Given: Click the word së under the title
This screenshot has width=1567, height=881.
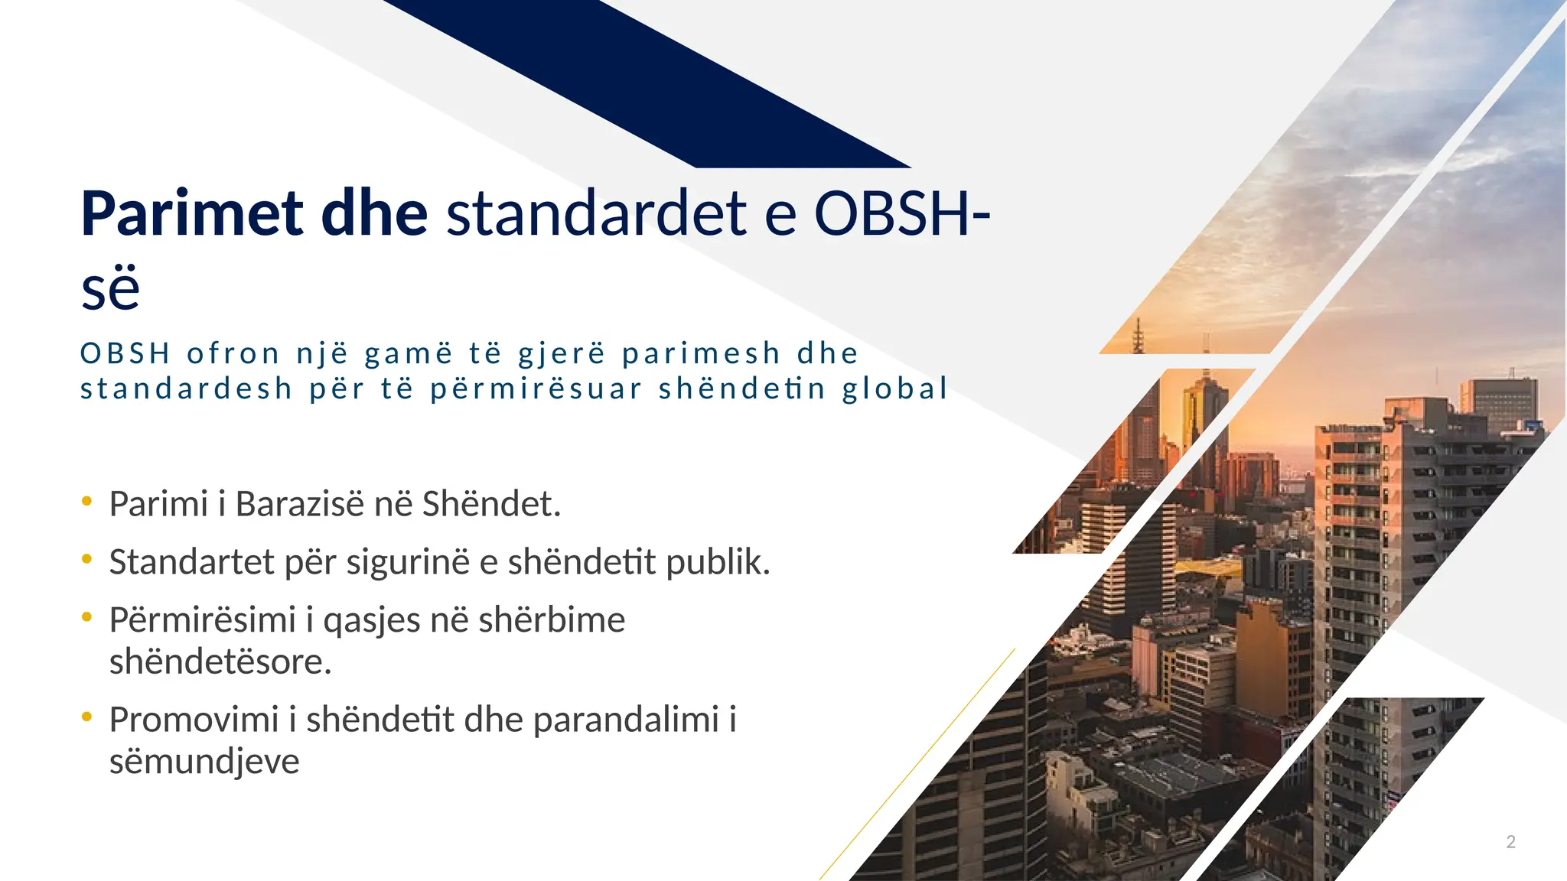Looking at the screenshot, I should [x=110, y=289].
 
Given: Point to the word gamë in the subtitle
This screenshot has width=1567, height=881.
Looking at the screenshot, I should [x=409, y=353].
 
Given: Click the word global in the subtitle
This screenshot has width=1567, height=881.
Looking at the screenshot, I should [x=895, y=388].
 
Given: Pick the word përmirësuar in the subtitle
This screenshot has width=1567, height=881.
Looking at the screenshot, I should [x=536, y=388].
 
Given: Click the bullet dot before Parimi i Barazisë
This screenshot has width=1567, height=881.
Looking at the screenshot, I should [x=87, y=502].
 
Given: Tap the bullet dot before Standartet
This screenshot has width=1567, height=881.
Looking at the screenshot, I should [x=87, y=560].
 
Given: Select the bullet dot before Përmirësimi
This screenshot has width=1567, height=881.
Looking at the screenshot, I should [x=87, y=617].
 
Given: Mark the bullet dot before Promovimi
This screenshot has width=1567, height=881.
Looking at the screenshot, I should [x=87, y=717].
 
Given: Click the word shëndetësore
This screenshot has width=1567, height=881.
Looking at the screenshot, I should [x=220, y=662].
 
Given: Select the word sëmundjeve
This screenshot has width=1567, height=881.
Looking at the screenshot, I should [x=204, y=762].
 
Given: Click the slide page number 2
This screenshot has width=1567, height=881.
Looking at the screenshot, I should [x=1511, y=842].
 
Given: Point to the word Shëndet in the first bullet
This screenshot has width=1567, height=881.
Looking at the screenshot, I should [x=490, y=504].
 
